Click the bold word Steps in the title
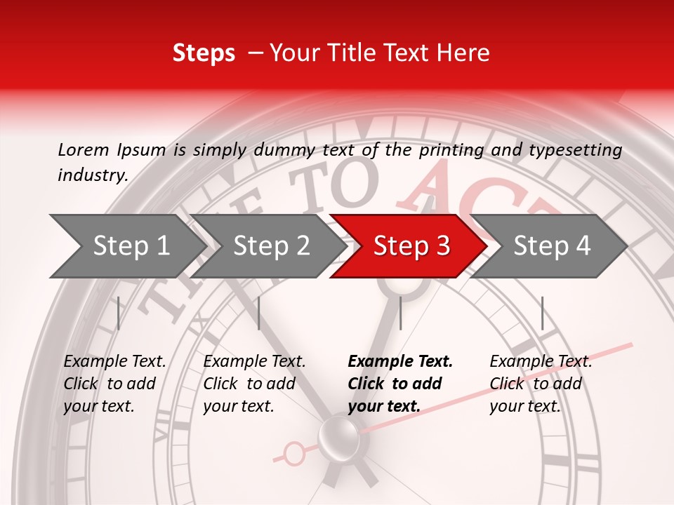(204, 53)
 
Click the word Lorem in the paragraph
(84, 149)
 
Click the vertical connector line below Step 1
(119, 313)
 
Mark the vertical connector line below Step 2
(259, 313)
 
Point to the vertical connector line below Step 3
(400, 313)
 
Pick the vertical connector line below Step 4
(542, 313)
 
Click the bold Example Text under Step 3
(400, 362)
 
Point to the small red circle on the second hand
(295, 454)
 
